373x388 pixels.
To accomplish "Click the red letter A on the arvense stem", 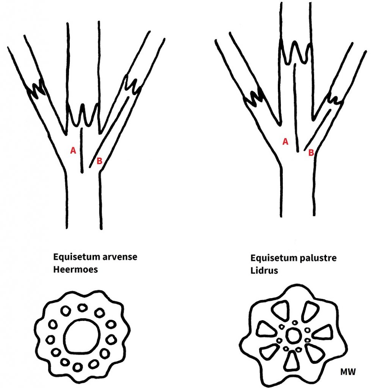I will pyautogui.click(x=73, y=150).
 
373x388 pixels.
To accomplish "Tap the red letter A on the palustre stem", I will pyautogui.click(x=285, y=142).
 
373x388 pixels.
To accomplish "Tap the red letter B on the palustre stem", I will pyautogui.click(x=311, y=153).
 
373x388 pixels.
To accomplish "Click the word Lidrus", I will pyautogui.click(x=263, y=271).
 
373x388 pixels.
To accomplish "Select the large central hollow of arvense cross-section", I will pyautogui.click(x=82, y=335).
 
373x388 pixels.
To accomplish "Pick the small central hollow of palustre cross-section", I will pyautogui.click(x=293, y=335).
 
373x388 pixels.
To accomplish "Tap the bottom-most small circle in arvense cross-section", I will pyautogui.click(x=78, y=367).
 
